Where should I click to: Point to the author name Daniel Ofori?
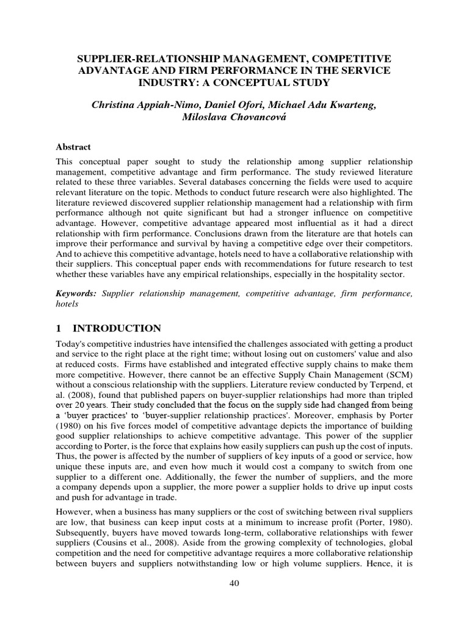click(224, 106)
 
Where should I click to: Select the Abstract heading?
click(73, 147)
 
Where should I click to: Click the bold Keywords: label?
click(76, 294)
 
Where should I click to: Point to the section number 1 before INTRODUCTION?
click(59, 328)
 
